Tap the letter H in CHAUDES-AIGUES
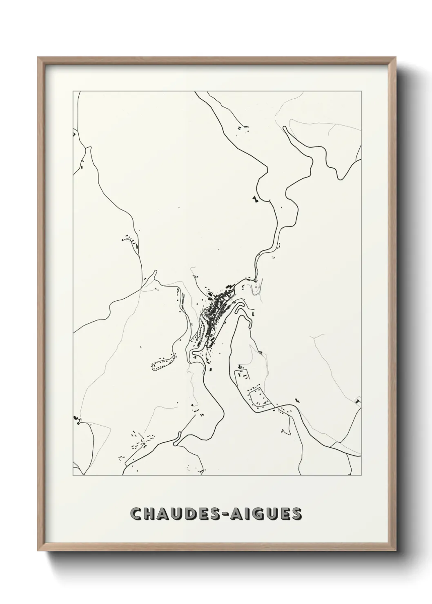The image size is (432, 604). [149, 514]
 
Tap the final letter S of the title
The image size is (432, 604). [296, 514]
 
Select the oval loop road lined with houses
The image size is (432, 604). [163, 363]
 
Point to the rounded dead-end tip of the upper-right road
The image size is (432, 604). [285, 128]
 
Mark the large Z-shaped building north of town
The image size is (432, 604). [256, 199]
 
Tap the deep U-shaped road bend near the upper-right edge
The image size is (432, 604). [339, 178]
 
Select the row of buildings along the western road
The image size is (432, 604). [132, 242]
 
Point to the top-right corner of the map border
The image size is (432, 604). [362, 91]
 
